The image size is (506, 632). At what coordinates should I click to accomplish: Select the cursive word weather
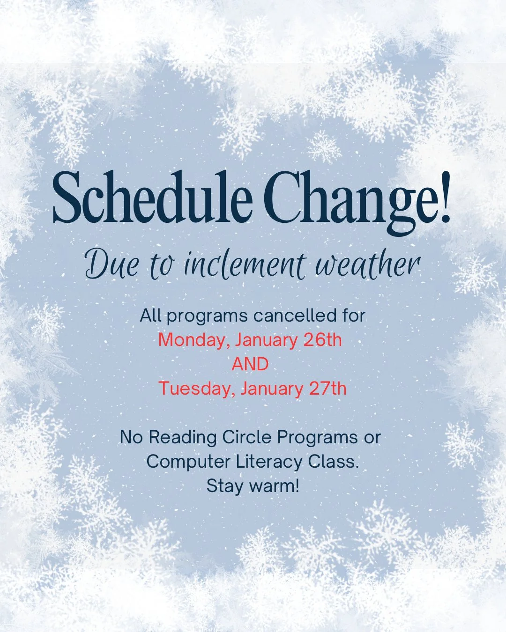(x=368, y=265)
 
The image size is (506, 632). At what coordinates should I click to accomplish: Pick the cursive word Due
(x=112, y=265)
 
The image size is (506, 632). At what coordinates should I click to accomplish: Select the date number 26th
(x=323, y=339)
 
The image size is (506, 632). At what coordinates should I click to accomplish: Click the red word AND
(x=250, y=364)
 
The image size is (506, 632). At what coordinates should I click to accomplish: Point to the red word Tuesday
(x=196, y=389)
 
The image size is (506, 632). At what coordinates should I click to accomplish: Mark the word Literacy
(x=269, y=462)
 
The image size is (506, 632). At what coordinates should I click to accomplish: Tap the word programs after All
(x=207, y=316)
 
